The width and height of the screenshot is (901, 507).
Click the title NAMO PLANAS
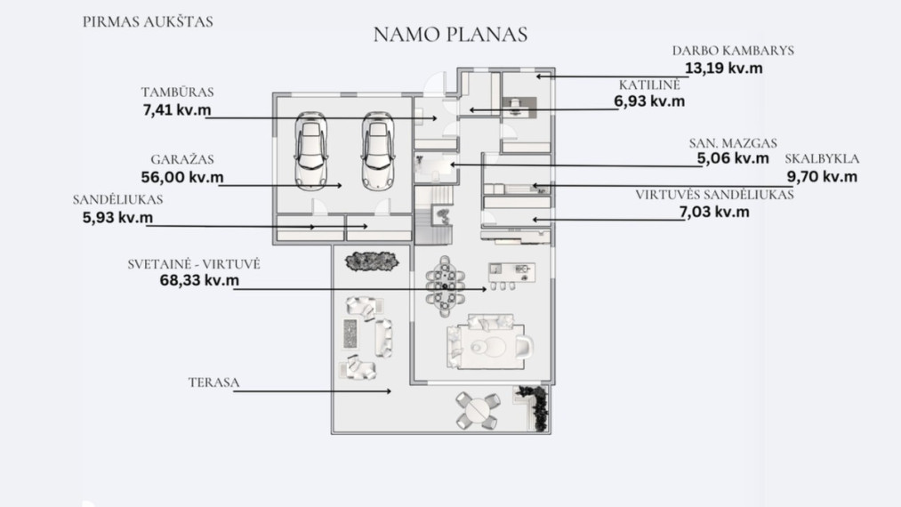(x=450, y=35)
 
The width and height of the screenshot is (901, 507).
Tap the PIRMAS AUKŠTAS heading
(x=148, y=22)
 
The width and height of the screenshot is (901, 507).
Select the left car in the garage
(x=311, y=150)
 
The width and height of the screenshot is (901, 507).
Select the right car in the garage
(x=377, y=150)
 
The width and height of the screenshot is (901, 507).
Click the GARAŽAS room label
(x=182, y=159)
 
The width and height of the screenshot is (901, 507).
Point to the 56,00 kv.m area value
(x=182, y=177)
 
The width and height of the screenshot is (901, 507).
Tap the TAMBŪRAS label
(x=177, y=92)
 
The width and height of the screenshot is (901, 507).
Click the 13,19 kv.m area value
(x=723, y=68)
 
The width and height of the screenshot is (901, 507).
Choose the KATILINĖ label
(x=649, y=85)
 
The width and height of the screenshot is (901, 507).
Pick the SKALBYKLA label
(x=822, y=158)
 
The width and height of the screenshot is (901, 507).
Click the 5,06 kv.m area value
(x=733, y=158)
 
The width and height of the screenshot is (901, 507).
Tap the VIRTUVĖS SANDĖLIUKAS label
(x=714, y=195)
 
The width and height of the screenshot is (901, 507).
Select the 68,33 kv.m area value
(x=199, y=280)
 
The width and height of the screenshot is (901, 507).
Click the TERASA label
(x=213, y=382)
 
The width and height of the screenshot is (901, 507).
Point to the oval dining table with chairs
(x=445, y=286)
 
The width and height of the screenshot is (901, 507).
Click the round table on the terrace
(x=478, y=410)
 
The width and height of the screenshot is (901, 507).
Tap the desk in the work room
(x=519, y=108)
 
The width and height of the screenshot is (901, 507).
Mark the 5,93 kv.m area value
(x=117, y=217)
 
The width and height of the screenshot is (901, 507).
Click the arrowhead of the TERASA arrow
(x=389, y=391)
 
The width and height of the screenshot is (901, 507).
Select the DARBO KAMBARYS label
(x=733, y=51)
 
